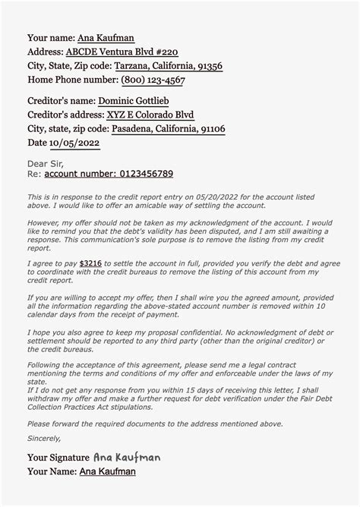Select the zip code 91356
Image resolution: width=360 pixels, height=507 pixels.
pos(207,66)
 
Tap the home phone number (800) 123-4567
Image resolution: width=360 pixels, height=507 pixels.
pos(152,80)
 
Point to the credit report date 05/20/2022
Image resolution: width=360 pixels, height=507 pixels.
pos(217,196)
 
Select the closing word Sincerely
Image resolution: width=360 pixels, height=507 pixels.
pos(44,438)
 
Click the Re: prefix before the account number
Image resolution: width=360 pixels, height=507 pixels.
pos(34,174)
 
